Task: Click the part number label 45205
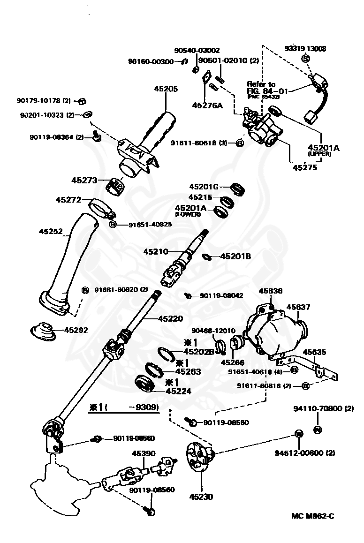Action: click(167, 89)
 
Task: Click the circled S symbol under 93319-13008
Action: click(305, 59)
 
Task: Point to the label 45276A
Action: click(207, 105)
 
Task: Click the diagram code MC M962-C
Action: click(312, 516)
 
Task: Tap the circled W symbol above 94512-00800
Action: click(298, 434)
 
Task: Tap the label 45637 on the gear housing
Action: click(298, 307)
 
